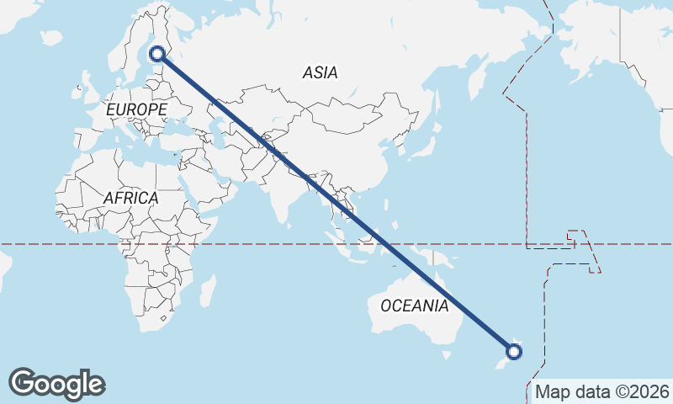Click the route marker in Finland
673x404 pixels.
(x=156, y=55)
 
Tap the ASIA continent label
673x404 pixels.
(x=320, y=73)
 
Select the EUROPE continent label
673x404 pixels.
(x=136, y=109)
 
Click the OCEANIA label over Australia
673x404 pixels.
(x=415, y=306)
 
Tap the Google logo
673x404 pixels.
(x=56, y=384)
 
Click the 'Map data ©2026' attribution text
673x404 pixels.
(x=602, y=391)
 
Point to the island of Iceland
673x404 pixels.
(x=51, y=38)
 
